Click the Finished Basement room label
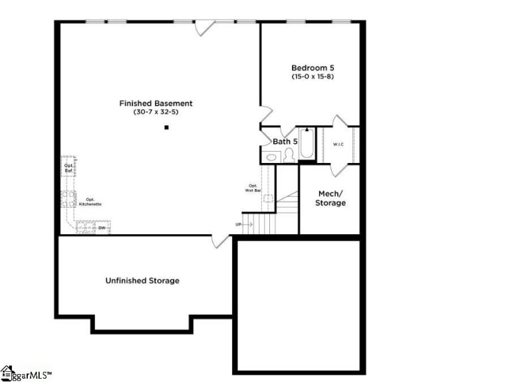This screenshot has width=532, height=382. click(x=156, y=103)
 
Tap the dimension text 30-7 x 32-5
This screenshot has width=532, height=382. click(x=156, y=112)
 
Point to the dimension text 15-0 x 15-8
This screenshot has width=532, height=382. click(x=311, y=77)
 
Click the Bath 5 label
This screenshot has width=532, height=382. click(x=285, y=141)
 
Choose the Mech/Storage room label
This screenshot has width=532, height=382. click(x=330, y=198)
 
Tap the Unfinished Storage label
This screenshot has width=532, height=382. click(x=142, y=281)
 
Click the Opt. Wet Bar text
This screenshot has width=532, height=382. click(x=253, y=188)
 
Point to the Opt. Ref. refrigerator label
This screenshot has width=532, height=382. click(x=68, y=168)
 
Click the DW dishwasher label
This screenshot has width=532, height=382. click(x=102, y=228)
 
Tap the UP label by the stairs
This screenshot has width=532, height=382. click(x=238, y=224)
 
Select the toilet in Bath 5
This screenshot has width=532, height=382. click(x=289, y=156)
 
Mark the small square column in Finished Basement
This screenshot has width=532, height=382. click(x=167, y=127)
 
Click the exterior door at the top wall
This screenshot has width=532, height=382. click(x=204, y=27)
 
